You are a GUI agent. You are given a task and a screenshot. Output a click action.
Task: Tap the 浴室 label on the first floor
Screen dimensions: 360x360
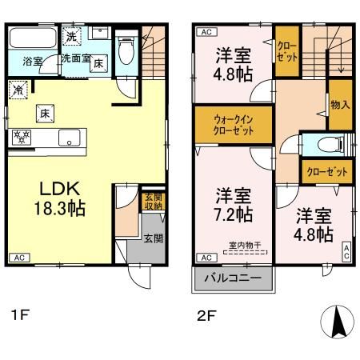point(33,61)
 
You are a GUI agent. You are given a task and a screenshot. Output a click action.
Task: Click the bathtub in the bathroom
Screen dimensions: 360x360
point(33,39)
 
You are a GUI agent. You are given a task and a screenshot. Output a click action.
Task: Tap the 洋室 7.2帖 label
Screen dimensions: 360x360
point(234,205)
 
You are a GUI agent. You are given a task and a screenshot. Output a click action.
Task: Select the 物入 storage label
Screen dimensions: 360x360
point(341,105)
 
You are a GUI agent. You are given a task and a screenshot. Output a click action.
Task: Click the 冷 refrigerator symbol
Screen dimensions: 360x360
point(18,90)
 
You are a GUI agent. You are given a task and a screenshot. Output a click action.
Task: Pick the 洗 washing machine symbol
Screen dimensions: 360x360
point(71,37)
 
